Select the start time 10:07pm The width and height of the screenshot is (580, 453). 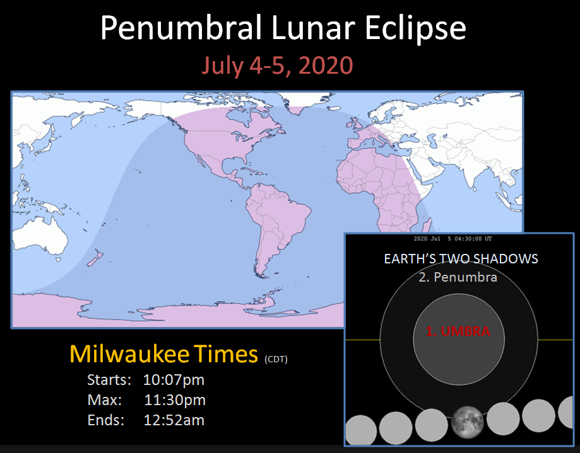pos(174,380)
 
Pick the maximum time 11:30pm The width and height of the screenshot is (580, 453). pos(175,400)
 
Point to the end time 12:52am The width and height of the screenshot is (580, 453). pos(174,420)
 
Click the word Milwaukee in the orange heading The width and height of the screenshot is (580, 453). pos(129,353)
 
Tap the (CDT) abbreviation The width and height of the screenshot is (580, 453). pos(276,359)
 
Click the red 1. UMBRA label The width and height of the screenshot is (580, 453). pos(458,331)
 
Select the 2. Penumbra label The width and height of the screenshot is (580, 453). pos(458,277)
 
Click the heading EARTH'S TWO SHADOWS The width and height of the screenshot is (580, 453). pos(461,259)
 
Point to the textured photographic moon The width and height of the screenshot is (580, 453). pos(468,422)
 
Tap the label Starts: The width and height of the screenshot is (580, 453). pos(109,380)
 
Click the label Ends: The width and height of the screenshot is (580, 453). pos(106,420)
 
